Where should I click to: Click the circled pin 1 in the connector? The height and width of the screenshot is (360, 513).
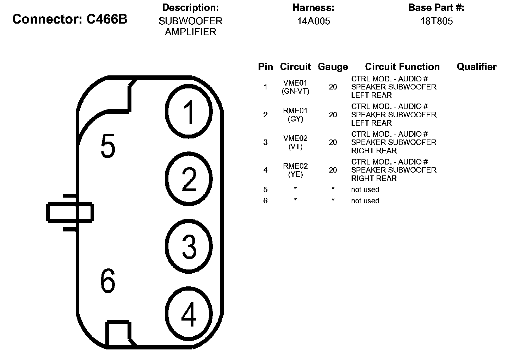(189, 112)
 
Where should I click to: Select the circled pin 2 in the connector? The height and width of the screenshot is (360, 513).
(189, 179)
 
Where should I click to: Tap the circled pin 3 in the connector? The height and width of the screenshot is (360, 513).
(189, 246)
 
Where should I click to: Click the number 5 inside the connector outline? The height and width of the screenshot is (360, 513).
(107, 146)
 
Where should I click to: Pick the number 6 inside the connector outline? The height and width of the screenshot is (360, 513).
(107, 281)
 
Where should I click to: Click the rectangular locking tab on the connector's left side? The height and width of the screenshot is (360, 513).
(70, 212)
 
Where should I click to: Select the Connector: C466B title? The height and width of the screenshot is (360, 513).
(70, 19)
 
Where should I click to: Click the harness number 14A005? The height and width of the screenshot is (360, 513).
(313, 21)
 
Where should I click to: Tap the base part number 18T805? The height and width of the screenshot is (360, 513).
(436, 21)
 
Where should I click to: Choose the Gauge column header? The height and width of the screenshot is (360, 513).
(333, 67)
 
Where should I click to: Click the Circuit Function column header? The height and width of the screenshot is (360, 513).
(402, 67)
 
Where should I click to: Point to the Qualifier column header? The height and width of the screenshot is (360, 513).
(476, 67)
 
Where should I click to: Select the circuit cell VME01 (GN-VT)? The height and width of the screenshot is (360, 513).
(295, 87)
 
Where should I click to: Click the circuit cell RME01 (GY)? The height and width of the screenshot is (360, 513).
(295, 115)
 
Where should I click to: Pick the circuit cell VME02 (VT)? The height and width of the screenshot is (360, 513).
(295, 142)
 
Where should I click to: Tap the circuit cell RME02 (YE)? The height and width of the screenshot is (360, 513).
(295, 170)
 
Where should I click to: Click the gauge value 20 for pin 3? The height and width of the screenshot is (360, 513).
(333, 142)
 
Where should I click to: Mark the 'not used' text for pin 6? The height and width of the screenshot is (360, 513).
(365, 201)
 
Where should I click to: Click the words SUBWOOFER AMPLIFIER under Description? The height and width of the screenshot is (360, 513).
(190, 26)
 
